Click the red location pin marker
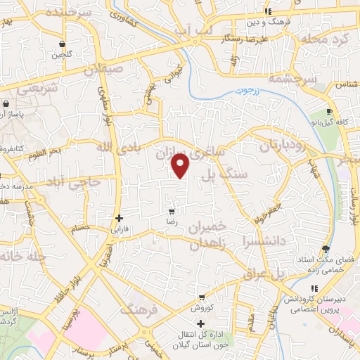click(181, 166)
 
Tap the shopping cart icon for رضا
click(172, 212)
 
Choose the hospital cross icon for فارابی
click(120, 218)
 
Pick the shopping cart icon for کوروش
click(202, 297)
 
